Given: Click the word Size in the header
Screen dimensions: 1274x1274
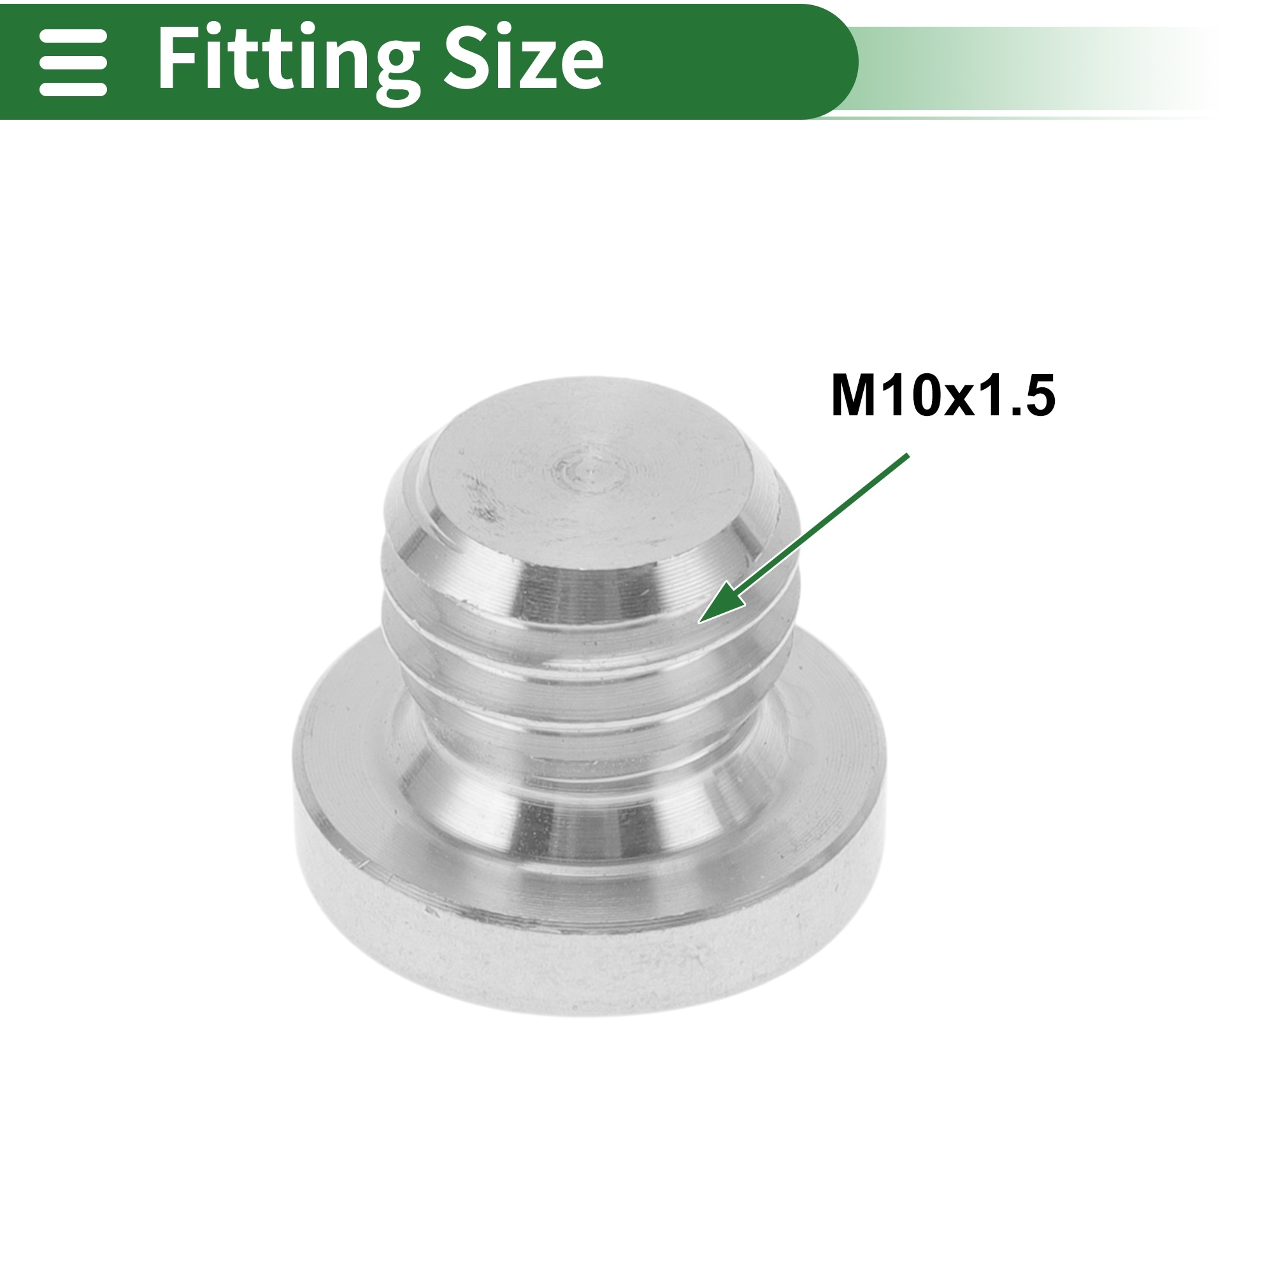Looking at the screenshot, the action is pyautogui.click(x=524, y=58).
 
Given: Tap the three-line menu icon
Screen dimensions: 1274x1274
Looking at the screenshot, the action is pyautogui.click(x=73, y=62).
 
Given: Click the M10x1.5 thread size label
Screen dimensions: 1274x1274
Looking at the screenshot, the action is pyautogui.click(x=943, y=396).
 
